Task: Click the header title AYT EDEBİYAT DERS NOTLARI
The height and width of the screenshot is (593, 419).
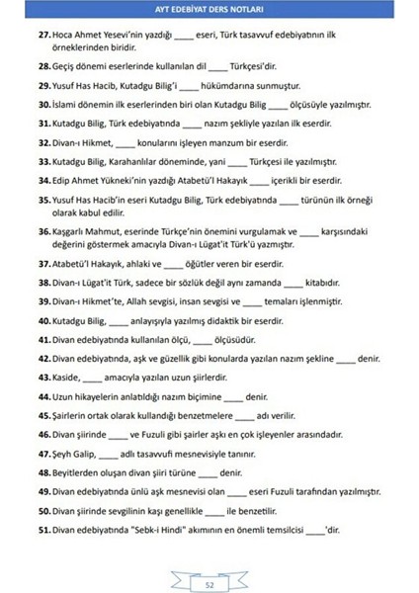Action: pos(209,11)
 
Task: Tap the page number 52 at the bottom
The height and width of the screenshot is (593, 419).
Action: pos(209,583)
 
